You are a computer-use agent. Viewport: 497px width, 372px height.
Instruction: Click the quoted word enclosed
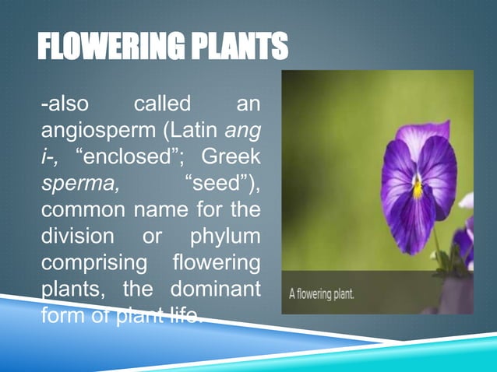[125, 156]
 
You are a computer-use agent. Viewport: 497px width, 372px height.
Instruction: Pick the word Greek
[231, 156]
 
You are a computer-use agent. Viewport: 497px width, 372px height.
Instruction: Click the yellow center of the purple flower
[418, 188]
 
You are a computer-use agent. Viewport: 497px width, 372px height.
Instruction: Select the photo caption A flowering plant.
[322, 295]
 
